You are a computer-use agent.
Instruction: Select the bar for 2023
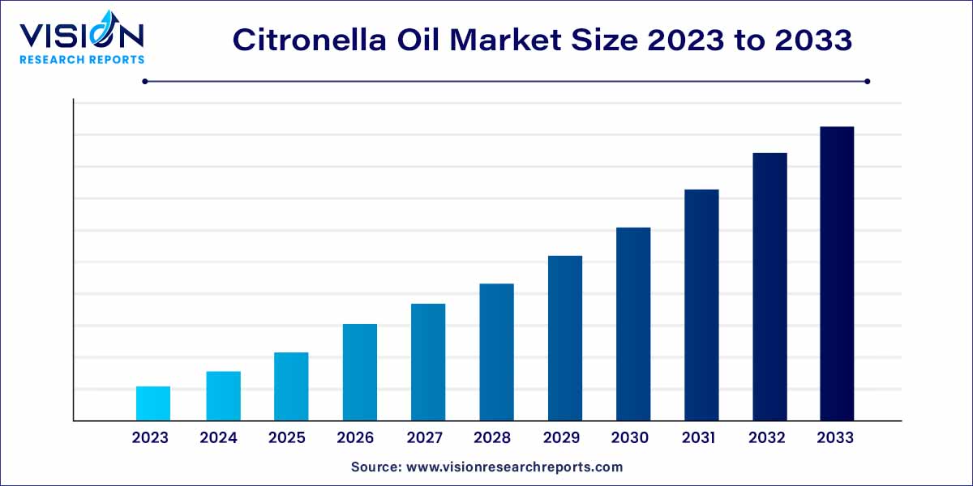[x=153, y=403]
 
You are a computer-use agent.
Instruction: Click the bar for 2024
[x=223, y=396]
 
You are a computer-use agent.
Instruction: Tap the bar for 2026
[x=360, y=372]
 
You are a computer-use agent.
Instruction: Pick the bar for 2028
[x=496, y=352]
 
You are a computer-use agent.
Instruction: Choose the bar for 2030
[x=633, y=324]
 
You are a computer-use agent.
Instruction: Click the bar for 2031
[x=701, y=305]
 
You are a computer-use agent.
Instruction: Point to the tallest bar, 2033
[x=837, y=273]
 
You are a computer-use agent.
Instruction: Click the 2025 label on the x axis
[x=287, y=438]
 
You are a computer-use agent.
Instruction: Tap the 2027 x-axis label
[x=424, y=438]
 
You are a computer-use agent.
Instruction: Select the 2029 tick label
[x=561, y=438]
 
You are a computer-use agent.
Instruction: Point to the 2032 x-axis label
[x=767, y=438]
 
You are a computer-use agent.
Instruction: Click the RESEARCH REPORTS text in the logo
[x=81, y=59]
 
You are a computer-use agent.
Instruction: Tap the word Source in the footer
[x=377, y=467]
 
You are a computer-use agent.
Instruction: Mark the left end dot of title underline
[x=144, y=81]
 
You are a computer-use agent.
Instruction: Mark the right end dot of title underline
[x=868, y=81]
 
